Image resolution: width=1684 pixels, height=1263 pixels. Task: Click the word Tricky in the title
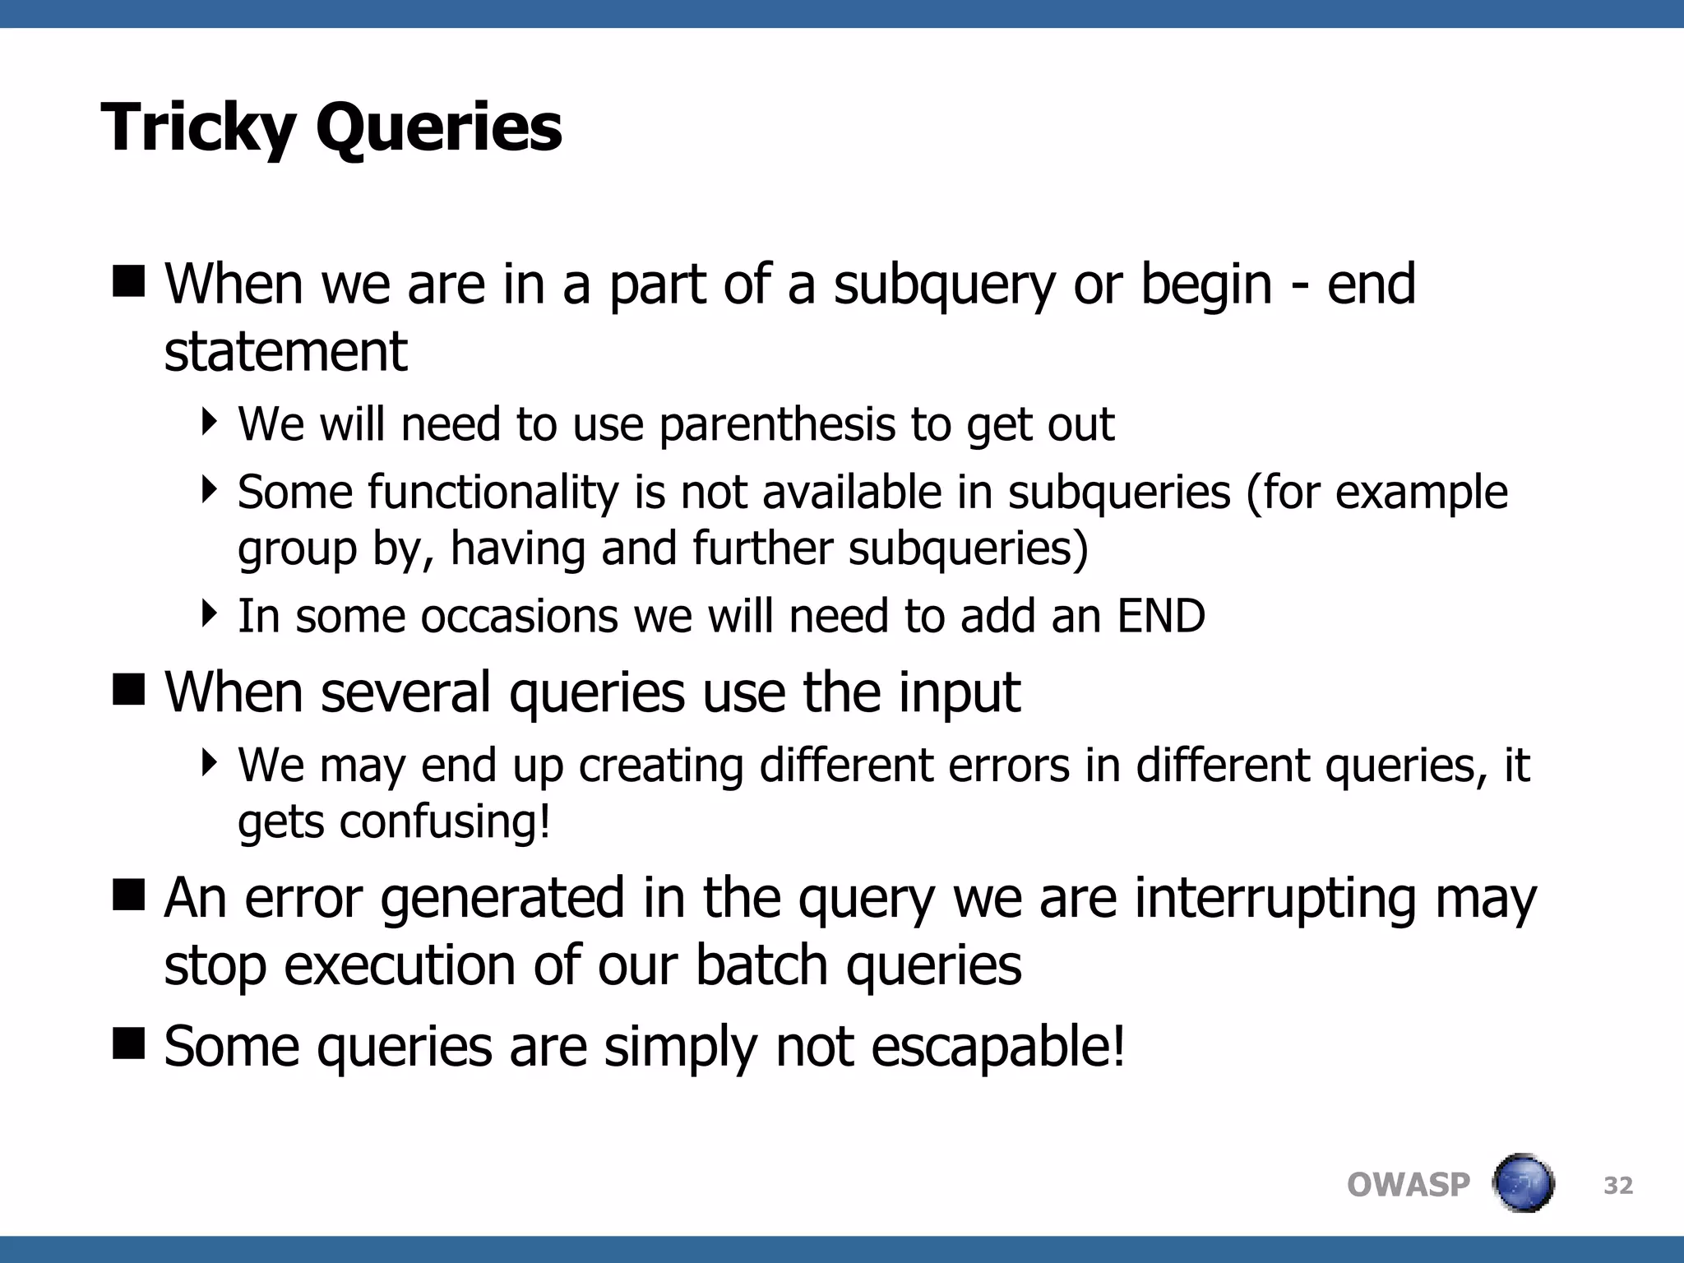pyautogui.click(x=197, y=128)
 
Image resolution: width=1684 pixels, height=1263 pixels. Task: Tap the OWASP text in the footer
pyautogui.click(x=1408, y=1185)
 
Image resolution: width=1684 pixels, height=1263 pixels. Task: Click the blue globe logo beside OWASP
pyautogui.click(x=1523, y=1183)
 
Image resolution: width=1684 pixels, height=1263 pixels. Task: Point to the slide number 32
pyautogui.click(x=1618, y=1186)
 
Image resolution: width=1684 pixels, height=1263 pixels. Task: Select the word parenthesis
pyautogui.click(x=776, y=426)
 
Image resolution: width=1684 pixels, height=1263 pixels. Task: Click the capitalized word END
pyautogui.click(x=1160, y=616)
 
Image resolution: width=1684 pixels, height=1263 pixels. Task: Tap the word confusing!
pyautogui.click(x=445, y=821)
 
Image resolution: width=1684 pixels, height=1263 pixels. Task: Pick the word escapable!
pyautogui.click(x=997, y=1048)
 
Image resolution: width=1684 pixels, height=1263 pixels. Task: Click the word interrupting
pyautogui.click(x=1275, y=898)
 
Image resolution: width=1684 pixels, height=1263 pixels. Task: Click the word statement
pyautogui.click(x=285, y=352)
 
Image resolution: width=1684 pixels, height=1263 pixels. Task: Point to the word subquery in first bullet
pyautogui.click(x=944, y=285)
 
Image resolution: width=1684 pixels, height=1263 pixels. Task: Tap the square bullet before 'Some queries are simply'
pyautogui.click(x=128, y=1043)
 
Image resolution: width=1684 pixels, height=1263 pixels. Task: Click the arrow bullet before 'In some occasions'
pyautogui.click(x=210, y=613)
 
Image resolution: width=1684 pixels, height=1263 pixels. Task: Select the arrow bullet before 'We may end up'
pyautogui.click(x=210, y=762)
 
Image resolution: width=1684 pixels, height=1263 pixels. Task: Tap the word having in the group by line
pyautogui.click(x=517, y=548)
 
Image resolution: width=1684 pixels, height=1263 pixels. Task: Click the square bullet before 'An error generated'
pyautogui.click(x=128, y=894)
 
